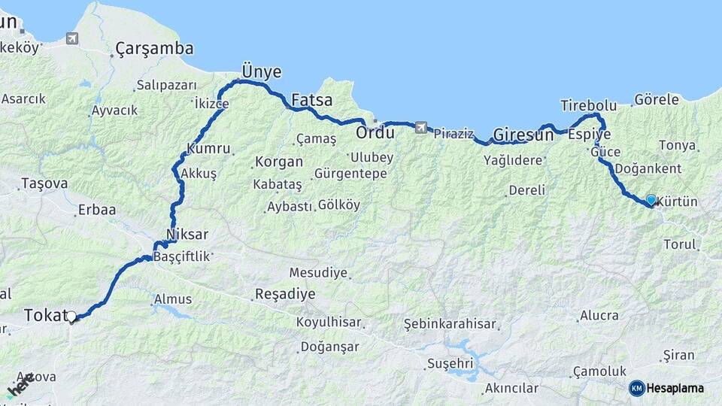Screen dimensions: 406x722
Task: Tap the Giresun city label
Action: [x=523, y=136]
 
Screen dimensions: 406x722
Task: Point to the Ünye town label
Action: [x=261, y=72]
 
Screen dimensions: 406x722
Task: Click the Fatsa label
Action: [x=311, y=100]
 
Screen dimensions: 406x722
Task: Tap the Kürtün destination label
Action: [x=678, y=202]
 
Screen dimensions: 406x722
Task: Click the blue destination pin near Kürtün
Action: [x=651, y=200]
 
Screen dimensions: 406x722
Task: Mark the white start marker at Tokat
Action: [x=72, y=317]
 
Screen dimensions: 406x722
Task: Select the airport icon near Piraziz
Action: [x=420, y=127]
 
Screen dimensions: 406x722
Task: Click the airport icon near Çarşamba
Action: [x=72, y=38]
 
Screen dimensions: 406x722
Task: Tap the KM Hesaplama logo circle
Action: [x=637, y=388]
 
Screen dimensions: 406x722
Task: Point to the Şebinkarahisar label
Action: [x=450, y=324]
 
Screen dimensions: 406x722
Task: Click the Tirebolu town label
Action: [x=588, y=105]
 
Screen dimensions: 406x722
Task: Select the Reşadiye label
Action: [x=285, y=294]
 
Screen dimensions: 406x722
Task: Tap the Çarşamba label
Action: [x=154, y=50]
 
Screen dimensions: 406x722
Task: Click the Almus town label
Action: [x=173, y=299]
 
